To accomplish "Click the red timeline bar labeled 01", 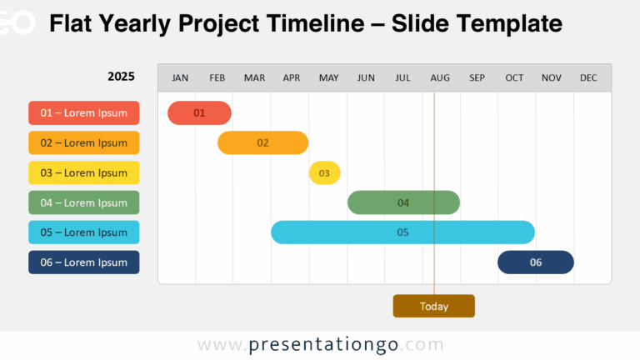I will (199, 112).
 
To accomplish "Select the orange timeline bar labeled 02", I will (262, 142).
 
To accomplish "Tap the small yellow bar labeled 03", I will (324, 172).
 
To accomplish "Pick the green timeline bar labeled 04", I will (403, 202).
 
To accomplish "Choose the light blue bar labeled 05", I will (402, 232).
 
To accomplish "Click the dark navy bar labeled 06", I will (536, 262).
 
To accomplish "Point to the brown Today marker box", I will (433, 306).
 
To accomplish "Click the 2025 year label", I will (121, 77).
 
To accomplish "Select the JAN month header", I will (180, 78).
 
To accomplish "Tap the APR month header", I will (292, 78).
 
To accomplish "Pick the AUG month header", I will (440, 78).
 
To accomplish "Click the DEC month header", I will (588, 78).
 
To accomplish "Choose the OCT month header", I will (514, 78).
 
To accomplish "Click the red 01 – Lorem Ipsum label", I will (84, 112).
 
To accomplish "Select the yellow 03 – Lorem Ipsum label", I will (84, 172).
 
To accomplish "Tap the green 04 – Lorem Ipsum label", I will (84, 202).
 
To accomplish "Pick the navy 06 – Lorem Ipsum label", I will (84, 262).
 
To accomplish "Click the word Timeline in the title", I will (315, 23).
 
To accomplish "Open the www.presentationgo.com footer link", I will (321, 344).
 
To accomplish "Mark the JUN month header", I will (366, 78).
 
